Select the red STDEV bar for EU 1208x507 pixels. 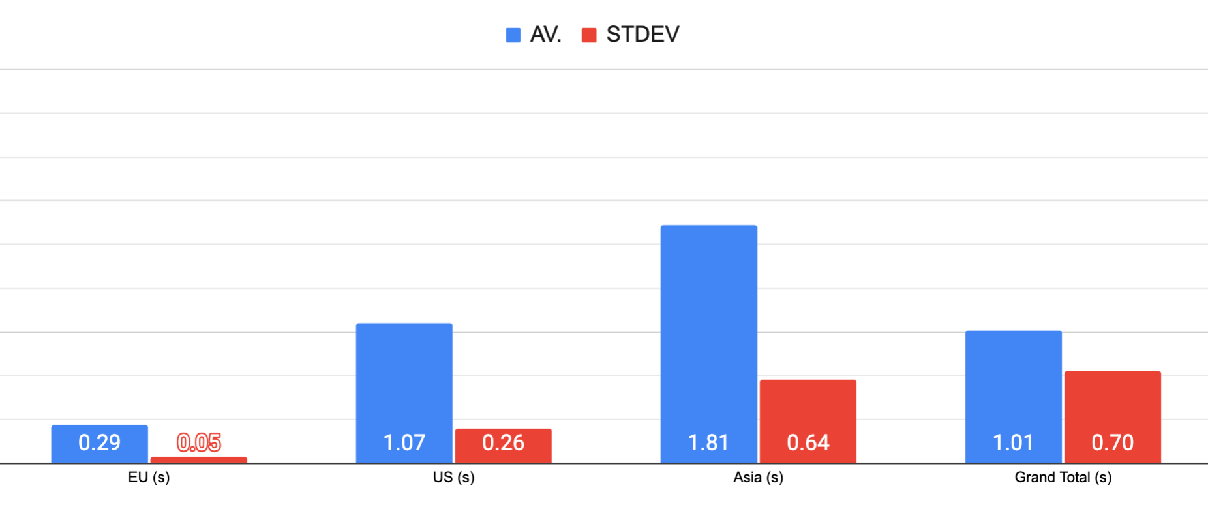198,460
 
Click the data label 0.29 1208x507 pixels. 99,443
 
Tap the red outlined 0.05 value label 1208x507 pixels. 198,443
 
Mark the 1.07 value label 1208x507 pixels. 404,443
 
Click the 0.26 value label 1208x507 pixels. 503,443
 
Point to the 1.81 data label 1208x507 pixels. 708,443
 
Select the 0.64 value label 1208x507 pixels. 808,443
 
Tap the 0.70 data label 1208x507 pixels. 1112,443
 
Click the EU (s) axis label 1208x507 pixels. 149,478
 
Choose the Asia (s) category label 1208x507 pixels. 758,478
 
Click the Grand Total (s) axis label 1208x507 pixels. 1063,478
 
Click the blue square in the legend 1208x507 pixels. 513,35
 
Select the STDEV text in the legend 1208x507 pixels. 642,35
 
